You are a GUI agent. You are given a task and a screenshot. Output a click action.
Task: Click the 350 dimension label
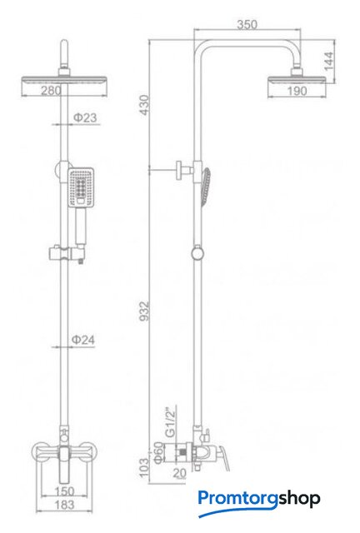[247, 25]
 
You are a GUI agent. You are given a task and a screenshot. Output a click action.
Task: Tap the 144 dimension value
[329, 61]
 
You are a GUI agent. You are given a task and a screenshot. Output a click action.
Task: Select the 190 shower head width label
[297, 91]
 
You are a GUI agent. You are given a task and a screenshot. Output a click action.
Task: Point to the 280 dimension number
[52, 91]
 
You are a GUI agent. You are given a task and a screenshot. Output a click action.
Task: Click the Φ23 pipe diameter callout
[85, 117]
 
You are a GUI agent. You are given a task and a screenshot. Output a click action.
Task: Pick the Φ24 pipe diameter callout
[83, 340]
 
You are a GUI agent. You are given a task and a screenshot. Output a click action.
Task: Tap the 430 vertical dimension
[145, 105]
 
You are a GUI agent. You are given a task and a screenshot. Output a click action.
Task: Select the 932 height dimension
[145, 311]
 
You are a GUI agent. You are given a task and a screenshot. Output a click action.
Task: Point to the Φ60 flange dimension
[158, 453]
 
